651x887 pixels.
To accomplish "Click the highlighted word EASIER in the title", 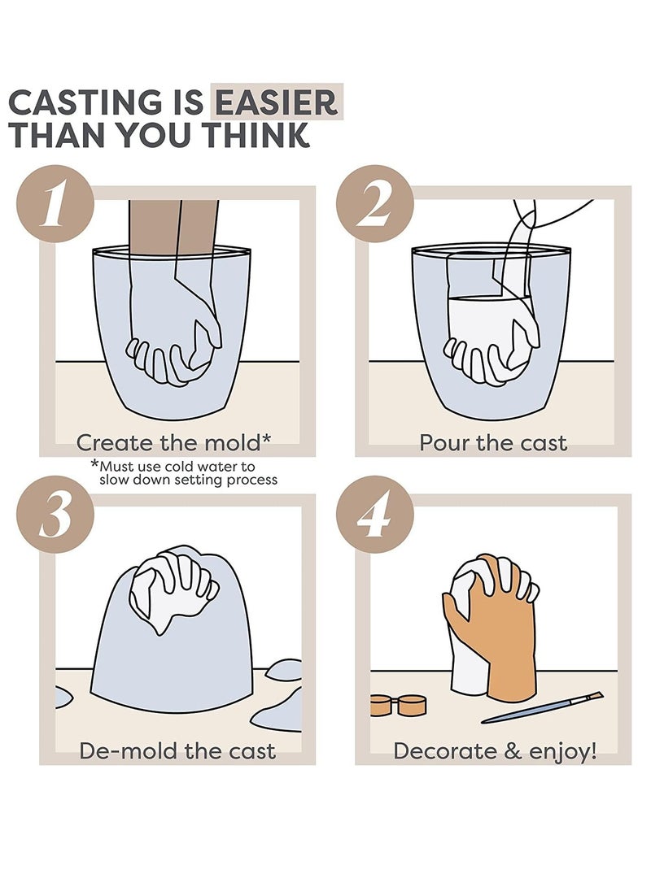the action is coord(276,102).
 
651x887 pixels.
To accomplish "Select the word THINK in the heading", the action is coord(256,135).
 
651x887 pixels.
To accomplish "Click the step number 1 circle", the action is coord(55,203).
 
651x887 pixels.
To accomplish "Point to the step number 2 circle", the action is coord(374,203).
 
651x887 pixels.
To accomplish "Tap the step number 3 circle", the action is coord(55,514).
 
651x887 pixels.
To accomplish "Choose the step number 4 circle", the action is coord(374,514).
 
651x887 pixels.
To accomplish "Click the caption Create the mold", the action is coord(173,442).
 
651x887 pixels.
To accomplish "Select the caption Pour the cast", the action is coord(493,442).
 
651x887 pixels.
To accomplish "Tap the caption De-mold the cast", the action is coord(177,750).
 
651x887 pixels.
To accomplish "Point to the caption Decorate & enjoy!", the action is coord(495,751).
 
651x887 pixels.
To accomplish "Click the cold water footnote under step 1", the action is coord(185,473).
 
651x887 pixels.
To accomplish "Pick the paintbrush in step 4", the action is coord(542,707).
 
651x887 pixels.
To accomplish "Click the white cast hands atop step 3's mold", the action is coord(173,589).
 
